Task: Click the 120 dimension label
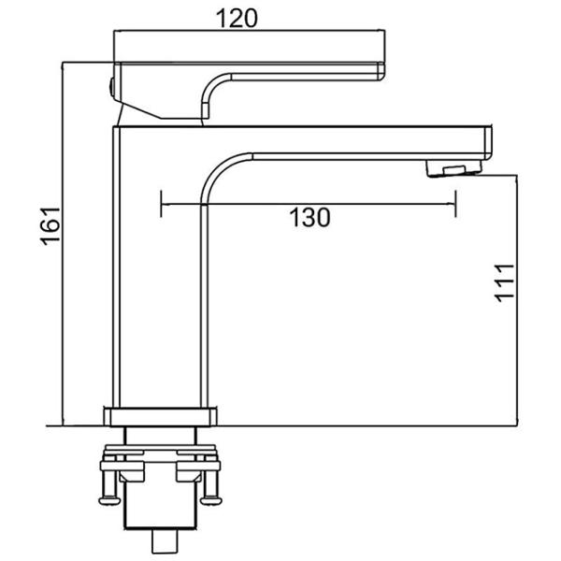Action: [x=237, y=19]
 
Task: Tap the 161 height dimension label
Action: [x=50, y=226]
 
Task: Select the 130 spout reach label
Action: [x=309, y=218]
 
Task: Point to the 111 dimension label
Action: [x=505, y=283]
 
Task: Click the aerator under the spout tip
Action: [x=453, y=168]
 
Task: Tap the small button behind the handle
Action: [x=111, y=88]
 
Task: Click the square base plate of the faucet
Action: [x=160, y=417]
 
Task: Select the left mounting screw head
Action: [x=109, y=500]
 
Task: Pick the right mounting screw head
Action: [x=211, y=500]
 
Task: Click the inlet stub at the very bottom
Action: [x=165, y=541]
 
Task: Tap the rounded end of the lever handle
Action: [x=381, y=71]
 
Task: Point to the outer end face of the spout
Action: [x=489, y=143]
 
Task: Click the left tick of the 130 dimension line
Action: [x=162, y=204]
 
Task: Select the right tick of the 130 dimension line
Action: [x=455, y=204]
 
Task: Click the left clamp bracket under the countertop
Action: [x=132, y=472]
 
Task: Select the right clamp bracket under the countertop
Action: [x=189, y=472]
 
